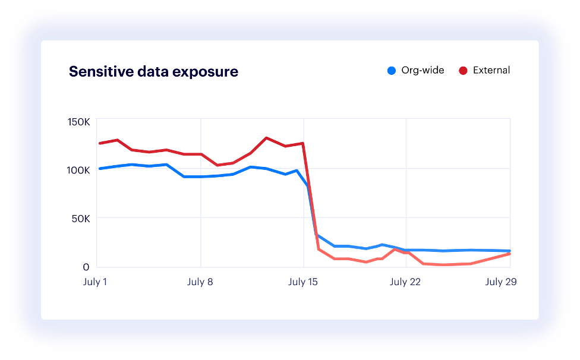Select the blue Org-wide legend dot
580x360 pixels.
pyautogui.click(x=391, y=71)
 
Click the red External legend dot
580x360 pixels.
pyautogui.click(x=463, y=71)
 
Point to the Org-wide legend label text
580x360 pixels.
pyautogui.click(x=423, y=70)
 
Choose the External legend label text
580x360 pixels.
pyautogui.click(x=491, y=70)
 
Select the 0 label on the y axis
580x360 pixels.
pyautogui.click(x=86, y=267)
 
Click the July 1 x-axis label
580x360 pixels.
pyautogui.click(x=94, y=282)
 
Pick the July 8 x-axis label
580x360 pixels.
pyautogui.click(x=200, y=282)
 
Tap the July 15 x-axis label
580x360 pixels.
pyautogui.click(x=303, y=282)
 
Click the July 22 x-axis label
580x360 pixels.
pyautogui.click(x=406, y=282)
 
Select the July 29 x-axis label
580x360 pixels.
pyautogui.click(x=501, y=282)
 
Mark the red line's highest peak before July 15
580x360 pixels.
pyautogui.click(x=266, y=138)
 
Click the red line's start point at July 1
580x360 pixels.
pyautogui.click(x=99, y=143)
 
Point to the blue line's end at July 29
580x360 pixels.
pyautogui.click(x=509, y=251)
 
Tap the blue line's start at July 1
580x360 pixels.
pyautogui.click(x=99, y=169)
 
